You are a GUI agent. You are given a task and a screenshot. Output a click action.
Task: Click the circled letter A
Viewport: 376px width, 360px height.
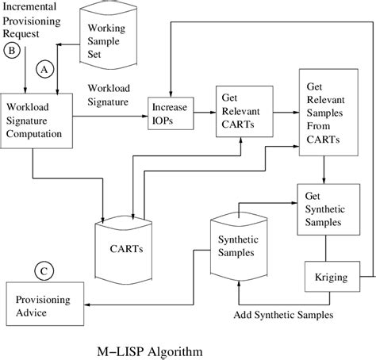[x=44, y=70]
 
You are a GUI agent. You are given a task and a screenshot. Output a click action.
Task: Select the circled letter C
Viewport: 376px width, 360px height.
[x=43, y=272]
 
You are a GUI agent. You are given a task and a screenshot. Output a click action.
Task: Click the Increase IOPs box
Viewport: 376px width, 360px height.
[x=171, y=113]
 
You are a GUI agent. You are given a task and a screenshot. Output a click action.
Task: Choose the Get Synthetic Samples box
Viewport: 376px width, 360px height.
[x=325, y=209]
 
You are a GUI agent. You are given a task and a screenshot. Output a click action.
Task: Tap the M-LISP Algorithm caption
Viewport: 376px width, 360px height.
[x=156, y=350]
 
